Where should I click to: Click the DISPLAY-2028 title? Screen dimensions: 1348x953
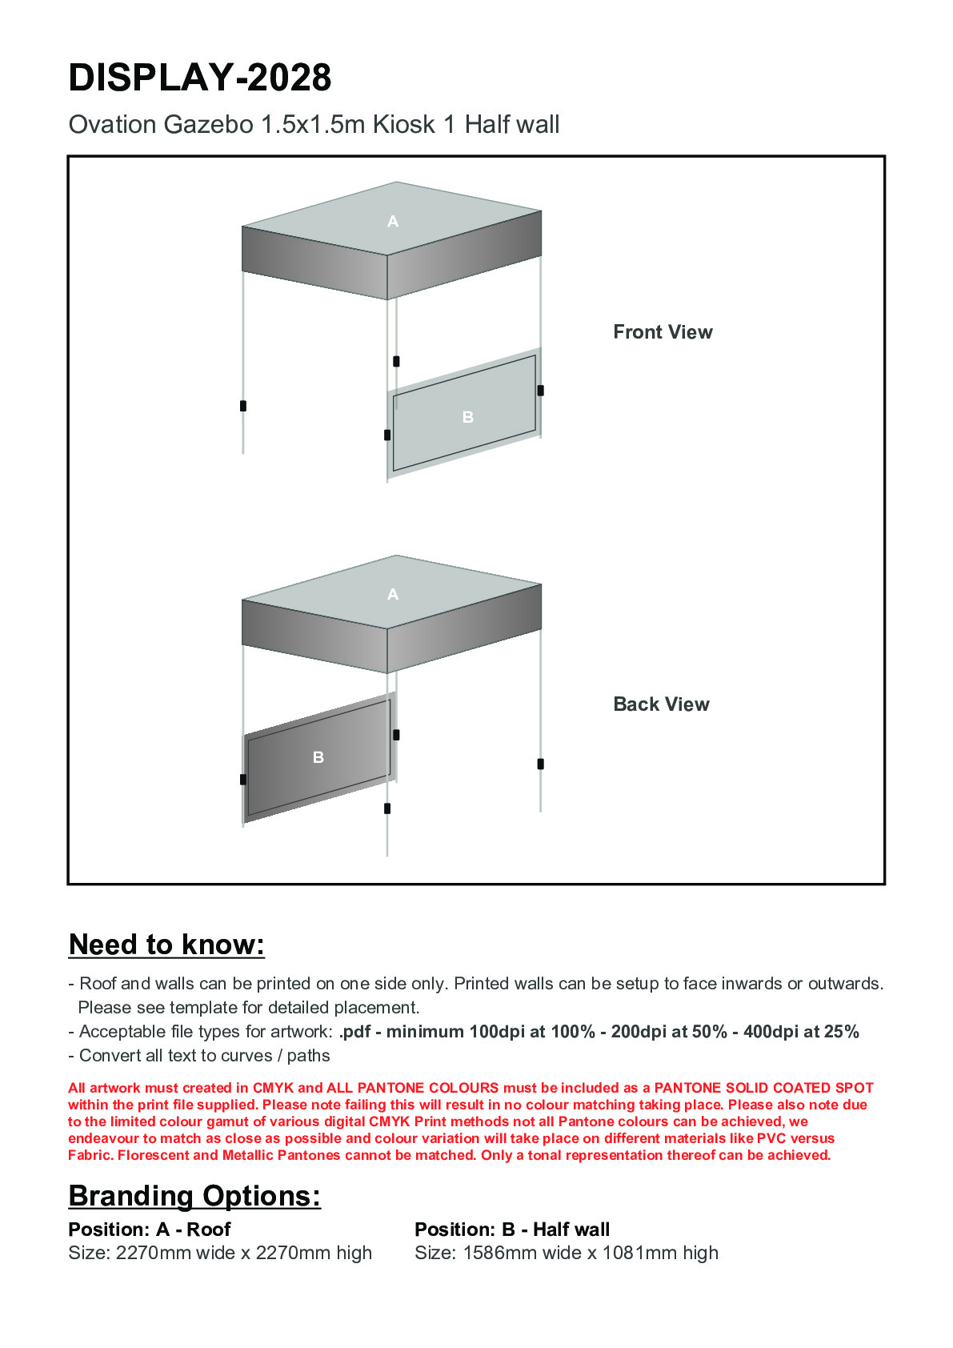tap(200, 78)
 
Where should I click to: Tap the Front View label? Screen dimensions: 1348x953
tap(663, 332)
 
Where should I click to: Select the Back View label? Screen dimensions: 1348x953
tap(661, 704)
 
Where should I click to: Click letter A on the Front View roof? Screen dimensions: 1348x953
tap(393, 222)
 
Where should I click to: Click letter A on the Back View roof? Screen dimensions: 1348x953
tap(393, 595)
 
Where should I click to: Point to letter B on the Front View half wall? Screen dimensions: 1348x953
tap(468, 417)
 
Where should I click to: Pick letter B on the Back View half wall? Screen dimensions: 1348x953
tap(318, 757)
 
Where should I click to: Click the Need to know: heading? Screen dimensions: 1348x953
tap(166, 945)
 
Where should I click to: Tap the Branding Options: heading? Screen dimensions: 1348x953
tap(194, 1196)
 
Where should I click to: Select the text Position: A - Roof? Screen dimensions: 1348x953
tap(150, 1230)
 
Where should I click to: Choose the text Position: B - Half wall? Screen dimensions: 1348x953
tap(512, 1230)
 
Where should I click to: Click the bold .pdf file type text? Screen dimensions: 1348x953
tap(355, 1032)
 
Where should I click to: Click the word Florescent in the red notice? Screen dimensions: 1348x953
tap(154, 1155)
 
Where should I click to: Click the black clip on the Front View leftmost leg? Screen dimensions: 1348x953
tap(243, 406)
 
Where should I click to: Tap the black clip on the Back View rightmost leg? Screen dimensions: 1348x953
tap(541, 764)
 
